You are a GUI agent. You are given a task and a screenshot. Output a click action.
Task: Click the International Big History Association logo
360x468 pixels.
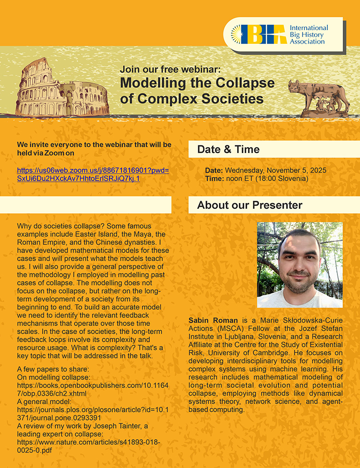[x=283, y=35]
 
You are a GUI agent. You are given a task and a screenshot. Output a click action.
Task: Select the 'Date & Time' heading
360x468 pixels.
[x=228, y=150]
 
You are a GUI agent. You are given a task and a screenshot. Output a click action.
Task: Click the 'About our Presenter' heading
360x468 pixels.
[x=250, y=205]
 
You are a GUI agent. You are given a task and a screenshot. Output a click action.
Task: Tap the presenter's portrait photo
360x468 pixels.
[x=300, y=264]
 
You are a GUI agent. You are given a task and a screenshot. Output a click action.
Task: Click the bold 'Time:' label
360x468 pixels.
[x=214, y=179]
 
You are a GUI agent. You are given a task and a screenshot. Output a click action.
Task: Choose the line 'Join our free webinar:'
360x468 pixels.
[x=170, y=69]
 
